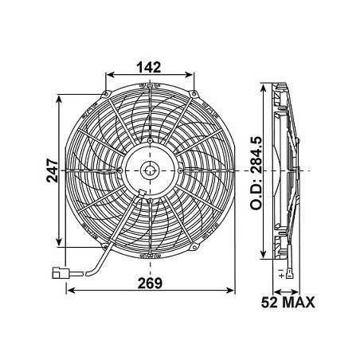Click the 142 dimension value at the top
[x=150, y=68]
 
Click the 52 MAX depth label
[x=288, y=302]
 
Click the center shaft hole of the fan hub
[x=151, y=170]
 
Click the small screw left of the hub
[x=119, y=170]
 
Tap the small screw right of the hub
[x=182, y=170]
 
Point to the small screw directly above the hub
[x=151, y=140]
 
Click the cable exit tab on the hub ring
[x=140, y=193]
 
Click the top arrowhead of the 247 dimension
[x=61, y=100]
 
